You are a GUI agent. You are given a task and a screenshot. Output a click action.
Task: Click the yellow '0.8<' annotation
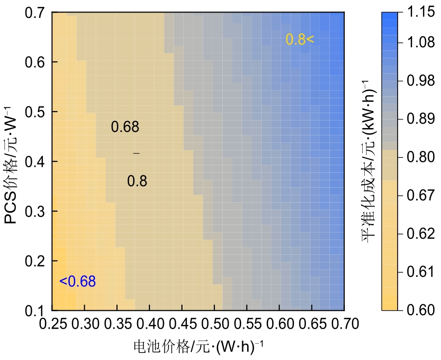[300, 39]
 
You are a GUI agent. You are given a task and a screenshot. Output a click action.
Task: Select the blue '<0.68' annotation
[77, 282]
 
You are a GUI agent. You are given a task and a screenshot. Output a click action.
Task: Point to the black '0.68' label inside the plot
[125, 127]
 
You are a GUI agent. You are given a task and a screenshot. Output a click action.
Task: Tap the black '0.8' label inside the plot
[137, 181]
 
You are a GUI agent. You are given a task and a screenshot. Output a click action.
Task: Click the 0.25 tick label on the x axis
[52, 325]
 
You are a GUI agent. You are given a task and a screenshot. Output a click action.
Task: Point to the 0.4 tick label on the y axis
[35, 162]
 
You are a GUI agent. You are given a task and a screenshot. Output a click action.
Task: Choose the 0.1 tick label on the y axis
[35, 310]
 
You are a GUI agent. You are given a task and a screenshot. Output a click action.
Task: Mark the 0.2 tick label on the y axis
[35, 261]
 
